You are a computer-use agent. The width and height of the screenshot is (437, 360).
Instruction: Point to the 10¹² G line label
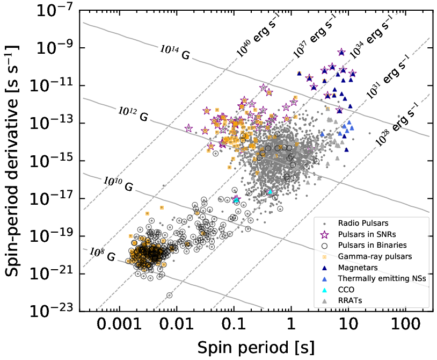[133, 113]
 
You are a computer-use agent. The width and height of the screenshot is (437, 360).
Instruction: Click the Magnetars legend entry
[357, 268]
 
